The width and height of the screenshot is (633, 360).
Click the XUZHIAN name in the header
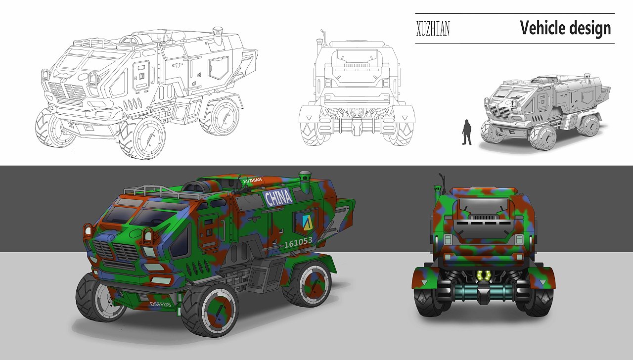pos(433,29)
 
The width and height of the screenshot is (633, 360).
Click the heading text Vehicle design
pos(565,28)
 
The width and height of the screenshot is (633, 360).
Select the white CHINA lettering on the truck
pos(279,198)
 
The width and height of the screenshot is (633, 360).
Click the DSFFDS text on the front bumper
pos(160,304)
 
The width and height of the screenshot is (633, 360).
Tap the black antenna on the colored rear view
pos(442,183)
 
